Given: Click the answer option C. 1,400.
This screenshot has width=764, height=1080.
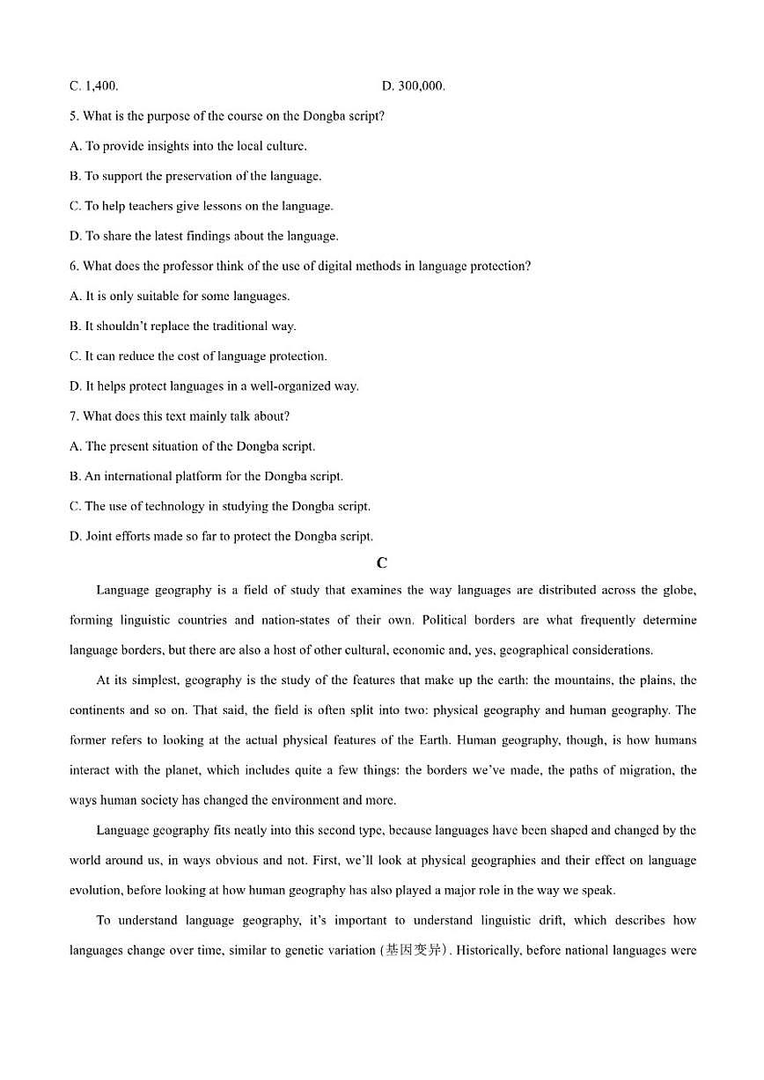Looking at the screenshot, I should coord(93,86).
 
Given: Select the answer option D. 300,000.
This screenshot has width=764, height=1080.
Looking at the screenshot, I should coord(414,86).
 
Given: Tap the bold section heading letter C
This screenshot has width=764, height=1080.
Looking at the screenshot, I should coord(381,563).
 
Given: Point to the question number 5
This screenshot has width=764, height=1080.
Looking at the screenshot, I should coord(73,116).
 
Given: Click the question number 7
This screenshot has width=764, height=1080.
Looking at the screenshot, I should coord(73,415).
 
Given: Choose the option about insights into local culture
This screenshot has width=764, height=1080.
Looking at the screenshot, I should coord(187,146).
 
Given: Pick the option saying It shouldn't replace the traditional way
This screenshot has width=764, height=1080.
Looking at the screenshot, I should coord(182,326).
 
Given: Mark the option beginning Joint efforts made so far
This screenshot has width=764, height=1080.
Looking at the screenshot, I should coord(221,536).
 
